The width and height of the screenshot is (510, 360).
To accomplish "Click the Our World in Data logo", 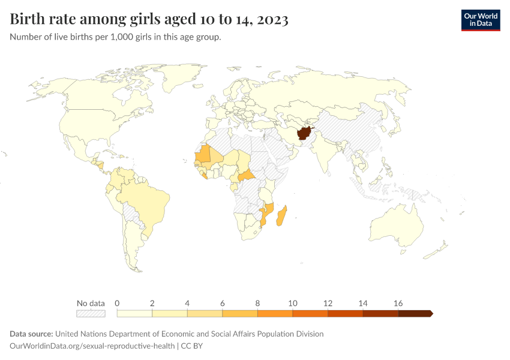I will (480, 20).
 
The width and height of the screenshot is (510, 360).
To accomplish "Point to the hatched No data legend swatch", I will (91, 313).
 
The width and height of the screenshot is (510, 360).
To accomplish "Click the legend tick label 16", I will (398, 303).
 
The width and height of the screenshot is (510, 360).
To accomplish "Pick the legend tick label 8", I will (257, 303).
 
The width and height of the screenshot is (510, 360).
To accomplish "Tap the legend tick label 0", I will (117, 303).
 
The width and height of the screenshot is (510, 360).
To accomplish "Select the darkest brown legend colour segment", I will (414, 313).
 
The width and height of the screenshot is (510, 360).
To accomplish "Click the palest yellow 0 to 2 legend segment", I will (134, 313).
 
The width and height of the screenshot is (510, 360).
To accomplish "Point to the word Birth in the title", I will (29, 20).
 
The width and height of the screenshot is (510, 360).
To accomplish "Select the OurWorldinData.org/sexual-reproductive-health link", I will (92, 346).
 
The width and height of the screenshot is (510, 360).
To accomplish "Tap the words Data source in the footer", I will (31, 334).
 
